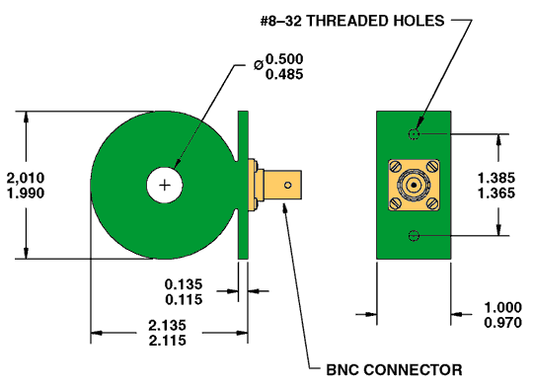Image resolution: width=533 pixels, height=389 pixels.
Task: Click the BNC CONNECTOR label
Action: [394, 370]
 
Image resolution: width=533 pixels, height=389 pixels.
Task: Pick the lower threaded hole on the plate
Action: [415, 235]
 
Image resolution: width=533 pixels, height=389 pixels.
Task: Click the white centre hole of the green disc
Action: [165, 185]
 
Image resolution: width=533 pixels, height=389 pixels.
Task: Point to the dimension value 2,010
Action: [26, 177]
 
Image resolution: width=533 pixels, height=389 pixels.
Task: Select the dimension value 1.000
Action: [502, 307]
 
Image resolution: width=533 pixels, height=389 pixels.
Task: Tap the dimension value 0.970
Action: [502, 323]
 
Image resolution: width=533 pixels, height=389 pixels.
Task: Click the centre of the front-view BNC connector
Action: [415, 185]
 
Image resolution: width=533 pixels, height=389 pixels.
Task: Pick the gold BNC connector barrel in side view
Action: [279, 184]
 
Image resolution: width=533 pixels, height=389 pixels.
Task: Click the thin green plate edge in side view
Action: [243, 185]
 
